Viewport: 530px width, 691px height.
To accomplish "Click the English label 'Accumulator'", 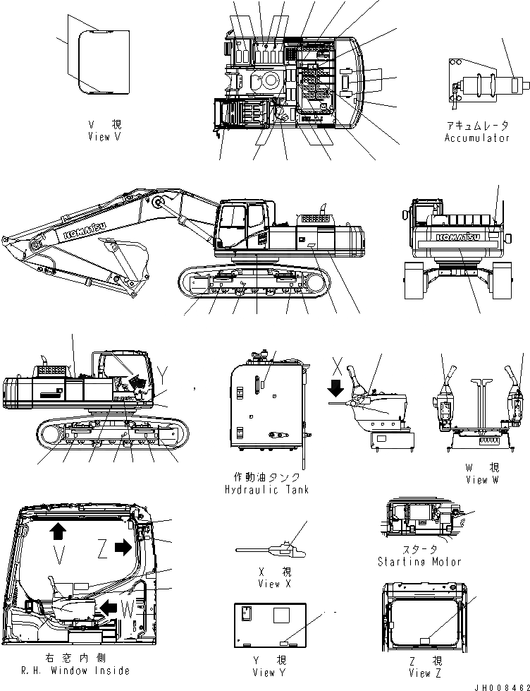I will (476, 138).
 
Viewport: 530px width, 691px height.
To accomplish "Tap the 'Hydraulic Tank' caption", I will (266, 489).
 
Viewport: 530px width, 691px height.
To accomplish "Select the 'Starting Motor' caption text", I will (419, 561).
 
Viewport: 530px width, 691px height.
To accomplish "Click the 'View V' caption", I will (104, 137).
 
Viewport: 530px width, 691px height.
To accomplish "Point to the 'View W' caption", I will (482, 479).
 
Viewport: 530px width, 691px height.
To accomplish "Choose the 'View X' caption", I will (269, 583).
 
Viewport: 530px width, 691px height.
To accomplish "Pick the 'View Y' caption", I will (269, 673).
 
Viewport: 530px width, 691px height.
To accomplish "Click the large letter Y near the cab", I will (164, 372).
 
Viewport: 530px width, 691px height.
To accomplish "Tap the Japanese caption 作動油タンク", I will (266, 478).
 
